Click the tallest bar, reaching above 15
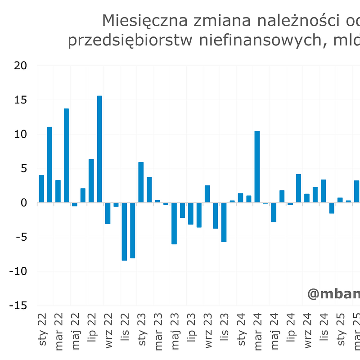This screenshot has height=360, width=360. pos(99,149)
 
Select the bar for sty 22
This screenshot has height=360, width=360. pos(41,189)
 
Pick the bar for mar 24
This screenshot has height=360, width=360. pos(257,167)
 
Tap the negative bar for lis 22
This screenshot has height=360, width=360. pos(124,231)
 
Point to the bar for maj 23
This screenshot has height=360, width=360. pos(174,223)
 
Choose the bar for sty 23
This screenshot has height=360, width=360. pos(141,182)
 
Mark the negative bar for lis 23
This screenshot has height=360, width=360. pos(224,222)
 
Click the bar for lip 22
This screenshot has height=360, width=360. pos(91,181)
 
